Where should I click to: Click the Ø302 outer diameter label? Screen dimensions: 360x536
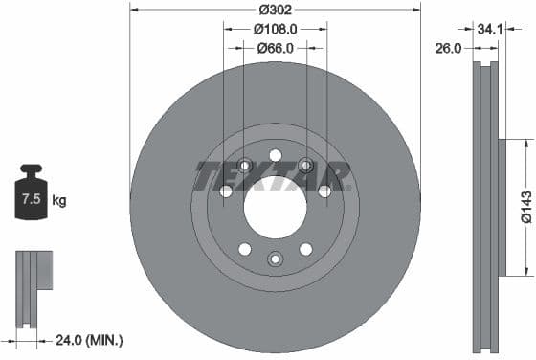point(275,10)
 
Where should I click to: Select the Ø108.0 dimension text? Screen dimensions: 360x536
point(275,29)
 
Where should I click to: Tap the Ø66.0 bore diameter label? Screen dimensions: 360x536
point(275,48)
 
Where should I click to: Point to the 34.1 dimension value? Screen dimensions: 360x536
point(489,29)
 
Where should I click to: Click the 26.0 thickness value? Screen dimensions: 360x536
point(449,46)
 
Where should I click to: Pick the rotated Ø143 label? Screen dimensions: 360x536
point(525,231)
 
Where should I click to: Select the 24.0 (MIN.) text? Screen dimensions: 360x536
point(91,339)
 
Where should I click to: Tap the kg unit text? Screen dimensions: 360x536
point(59,201)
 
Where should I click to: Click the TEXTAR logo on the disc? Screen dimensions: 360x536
point(273,176)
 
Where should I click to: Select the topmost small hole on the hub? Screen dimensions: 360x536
point(275,155)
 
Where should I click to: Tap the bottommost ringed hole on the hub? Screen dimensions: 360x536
point(275,258)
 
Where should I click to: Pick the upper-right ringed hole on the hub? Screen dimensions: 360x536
point(305,165)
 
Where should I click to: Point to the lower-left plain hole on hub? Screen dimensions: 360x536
point(244,249)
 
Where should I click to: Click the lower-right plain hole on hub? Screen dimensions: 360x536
point(305,249)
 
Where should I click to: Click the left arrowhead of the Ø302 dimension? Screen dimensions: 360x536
point(134,10)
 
